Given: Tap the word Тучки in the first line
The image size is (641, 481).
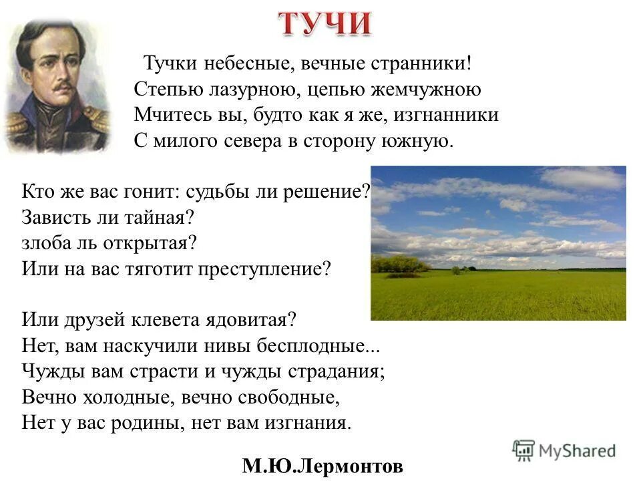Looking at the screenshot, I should point(165,64).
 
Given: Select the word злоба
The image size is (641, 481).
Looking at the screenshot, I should point(44,241).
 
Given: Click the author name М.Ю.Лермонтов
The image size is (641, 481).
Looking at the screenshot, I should point(323,465).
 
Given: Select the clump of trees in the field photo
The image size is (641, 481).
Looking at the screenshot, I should point(399,265).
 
